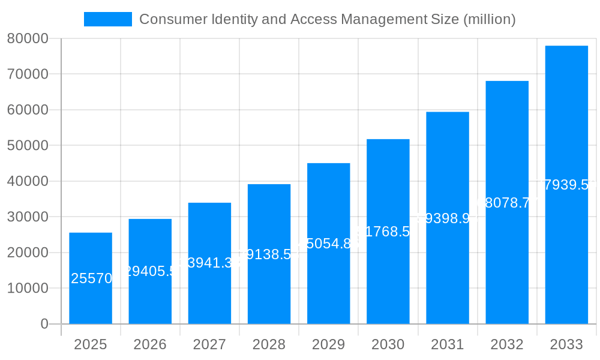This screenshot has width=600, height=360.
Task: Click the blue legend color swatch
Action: pos(108,19)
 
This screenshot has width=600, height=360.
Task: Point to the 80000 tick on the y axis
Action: pos(28,39)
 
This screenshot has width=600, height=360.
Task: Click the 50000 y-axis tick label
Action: pos(28,146)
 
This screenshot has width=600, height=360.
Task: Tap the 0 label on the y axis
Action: pos(44,324)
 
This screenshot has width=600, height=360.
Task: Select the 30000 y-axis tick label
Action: pos(28,217)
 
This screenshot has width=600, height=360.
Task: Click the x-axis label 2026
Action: pos(150,344)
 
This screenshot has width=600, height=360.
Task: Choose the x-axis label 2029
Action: pos(328,344)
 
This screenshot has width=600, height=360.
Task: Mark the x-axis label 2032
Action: pos(507,344)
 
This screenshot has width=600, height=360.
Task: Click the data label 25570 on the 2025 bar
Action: pos(91,278)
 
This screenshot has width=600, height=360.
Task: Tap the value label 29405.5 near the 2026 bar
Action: pos(150,271)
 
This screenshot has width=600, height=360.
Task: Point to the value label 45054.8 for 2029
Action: pos(328,244)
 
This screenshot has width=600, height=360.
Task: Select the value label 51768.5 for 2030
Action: pos(388,232)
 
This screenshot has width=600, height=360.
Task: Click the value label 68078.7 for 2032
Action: pos(507,203)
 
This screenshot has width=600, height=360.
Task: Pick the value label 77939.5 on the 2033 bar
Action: pos(567,185)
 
